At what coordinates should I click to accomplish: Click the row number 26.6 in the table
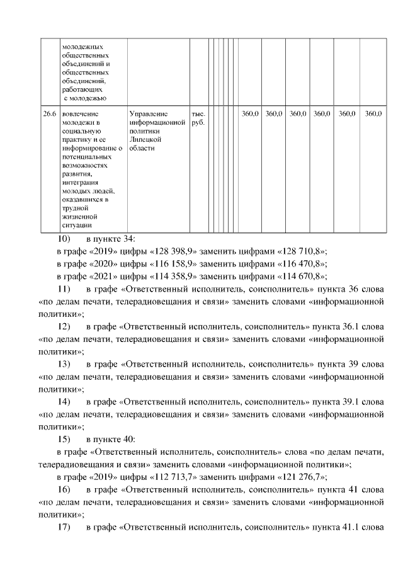pyautogui.click(x=48, y=114)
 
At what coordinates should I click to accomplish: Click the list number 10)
pyautogui.click(x=64, y=239)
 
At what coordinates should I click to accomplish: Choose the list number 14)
pyautogui.click(x=64, y=401)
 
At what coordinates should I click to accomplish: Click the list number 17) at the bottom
pyautogui.click(x=64, y=525)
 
